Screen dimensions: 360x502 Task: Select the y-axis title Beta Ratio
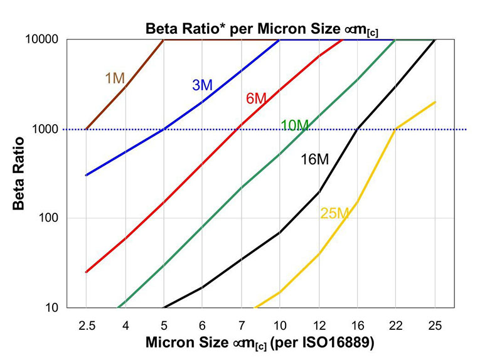click(x=19, y=173)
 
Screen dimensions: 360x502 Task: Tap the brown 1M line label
click(x=115, y=78)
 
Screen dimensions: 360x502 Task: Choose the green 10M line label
click(x=295, y=125)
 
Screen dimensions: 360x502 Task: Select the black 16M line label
click(x=314, y=159)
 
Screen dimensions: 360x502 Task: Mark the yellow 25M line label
click(x=334, y=213)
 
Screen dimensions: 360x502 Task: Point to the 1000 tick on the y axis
click(x=46, y=129)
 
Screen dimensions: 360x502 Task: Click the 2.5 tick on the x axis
click(x=86, y=326)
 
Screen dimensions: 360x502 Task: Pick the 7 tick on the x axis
click(x=241, y=326)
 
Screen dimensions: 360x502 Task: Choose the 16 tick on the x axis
click(x=357, y=326)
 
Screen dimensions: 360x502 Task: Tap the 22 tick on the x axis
click(x=396, y=326)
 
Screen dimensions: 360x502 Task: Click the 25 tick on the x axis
click(x=435, y=326)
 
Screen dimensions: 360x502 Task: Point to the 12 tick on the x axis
click(x=318, y=326)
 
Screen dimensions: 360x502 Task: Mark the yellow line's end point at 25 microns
click(x=435, y=102)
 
